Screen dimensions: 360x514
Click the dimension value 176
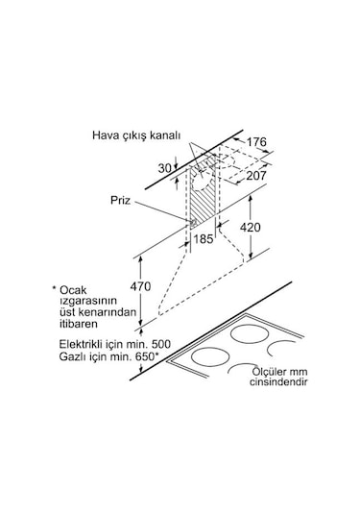pyautogui.click(x=256, y=142)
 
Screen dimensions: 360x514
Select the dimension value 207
pyautogui.click(x=255, y=176)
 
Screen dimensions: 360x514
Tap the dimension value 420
pyautogui.click(x=251, y=227)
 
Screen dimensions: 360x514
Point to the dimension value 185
pyautogui.click(x=204, y=239)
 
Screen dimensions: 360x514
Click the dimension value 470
pyautogui.click(x=140, y=286)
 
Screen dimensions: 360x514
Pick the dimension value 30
pyautogui.click(x=165, y=168)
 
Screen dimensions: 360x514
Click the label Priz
pyautogui.click(x=120, y=200)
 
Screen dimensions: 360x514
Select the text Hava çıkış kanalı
pyautogui.click(x=136, y=135)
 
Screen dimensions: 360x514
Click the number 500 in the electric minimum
pyautogui.click(x=160, y=344)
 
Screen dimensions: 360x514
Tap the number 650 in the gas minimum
pyautogui.click(x=144, y=356)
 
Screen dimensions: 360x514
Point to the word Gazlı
pyautogui.click(x=71, y=356)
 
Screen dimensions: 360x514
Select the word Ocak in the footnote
pyautogui.click(x=73, y=290)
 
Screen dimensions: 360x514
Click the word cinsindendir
pyautogui.click(x=278, y=381)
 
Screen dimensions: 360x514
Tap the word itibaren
pyautogui.click(x=79, y=324)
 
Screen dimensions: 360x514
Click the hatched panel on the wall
pyautogui.click(x=203, y=197)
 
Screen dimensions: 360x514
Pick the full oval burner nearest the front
pyautogui.click(x=210, y=356)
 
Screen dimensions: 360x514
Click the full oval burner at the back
pyautogui.click(x=250, y=334)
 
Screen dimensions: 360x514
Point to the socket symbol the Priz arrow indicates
pyautogui.click(x=192, y=223)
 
